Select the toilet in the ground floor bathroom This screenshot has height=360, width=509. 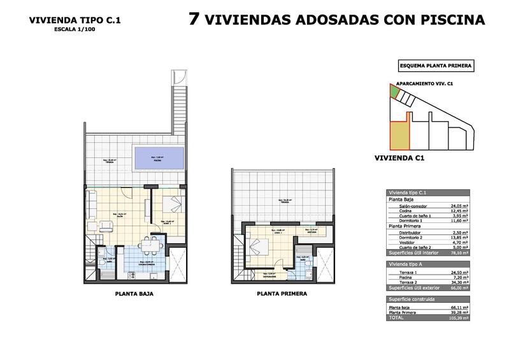click(x=101, y=261)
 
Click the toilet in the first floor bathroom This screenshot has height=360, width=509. click(x=303, y=268)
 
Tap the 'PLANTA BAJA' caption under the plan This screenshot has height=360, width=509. click(x=134, y=294)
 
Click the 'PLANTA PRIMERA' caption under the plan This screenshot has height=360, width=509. click(x=282, y=294)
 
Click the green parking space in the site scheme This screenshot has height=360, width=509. click(x=395, y=92)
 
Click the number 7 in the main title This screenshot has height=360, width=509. click(x=196, y=18)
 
